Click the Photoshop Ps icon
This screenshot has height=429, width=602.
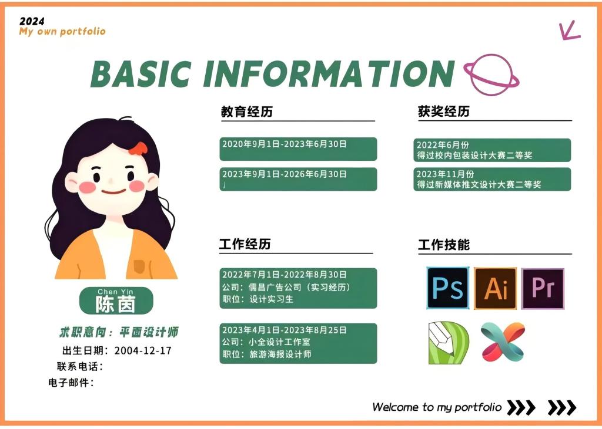pyautogui.click(x=447, y=288)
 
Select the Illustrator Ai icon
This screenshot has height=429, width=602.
pyautogui.click(x=495, y=288)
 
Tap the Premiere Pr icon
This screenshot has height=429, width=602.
pyautogui.click(x=543, y=289)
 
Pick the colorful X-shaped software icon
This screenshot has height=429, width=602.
pyautogui.click(x=503, y=342)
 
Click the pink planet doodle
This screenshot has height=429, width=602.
pyautogui.click(x=491, y=75)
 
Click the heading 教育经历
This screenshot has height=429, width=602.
pyautogui.click(x=247, y=112)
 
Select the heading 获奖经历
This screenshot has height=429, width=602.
pyautogui.click(x=444, y=111)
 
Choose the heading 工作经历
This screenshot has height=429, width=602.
pyautogui.click(x=245, y=244)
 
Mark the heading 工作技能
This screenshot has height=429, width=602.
pyautogui.click(x=444, y=245)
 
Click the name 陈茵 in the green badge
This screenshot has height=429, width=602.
pyautogui.click(x=116, y=305)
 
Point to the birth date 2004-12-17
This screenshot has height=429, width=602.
pyautogui.click(x=143, y=350)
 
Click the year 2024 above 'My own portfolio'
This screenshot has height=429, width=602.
pyautogui.click(x=32, y=22)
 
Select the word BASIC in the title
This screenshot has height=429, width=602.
pyautogui.click(x=141, y=73)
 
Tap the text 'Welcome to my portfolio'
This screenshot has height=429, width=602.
pyautogui.click(x=437, y=407)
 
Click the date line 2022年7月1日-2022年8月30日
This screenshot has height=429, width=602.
pyautogui.click(x=285, y=275)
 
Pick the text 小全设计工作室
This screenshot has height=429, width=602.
pyautogui.click(x=279, y=342)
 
